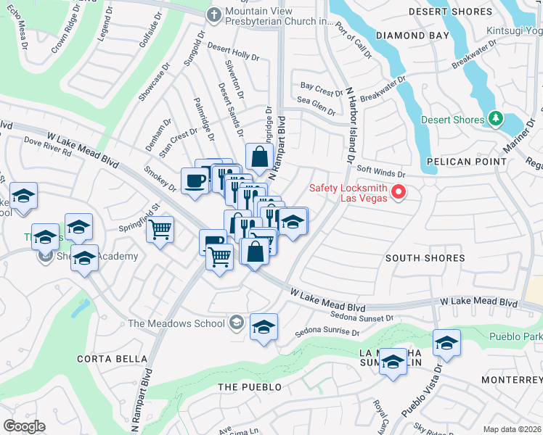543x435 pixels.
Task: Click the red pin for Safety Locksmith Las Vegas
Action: coord(398,192)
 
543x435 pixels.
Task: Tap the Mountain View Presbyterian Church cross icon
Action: coord(214,14)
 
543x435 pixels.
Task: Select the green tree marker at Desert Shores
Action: coord(495,118)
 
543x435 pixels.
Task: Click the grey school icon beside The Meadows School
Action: coord(236,323)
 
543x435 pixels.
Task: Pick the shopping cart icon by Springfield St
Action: coord(160,230)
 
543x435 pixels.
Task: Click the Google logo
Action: coord(24,426)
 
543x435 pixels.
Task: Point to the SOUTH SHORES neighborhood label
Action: coord(425,258)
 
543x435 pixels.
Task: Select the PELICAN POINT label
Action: coord(467,161)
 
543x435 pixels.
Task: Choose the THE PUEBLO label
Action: coord(250,387)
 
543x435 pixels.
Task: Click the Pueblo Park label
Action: coord(515,336)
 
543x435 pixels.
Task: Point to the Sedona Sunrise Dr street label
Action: coord(327,333)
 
